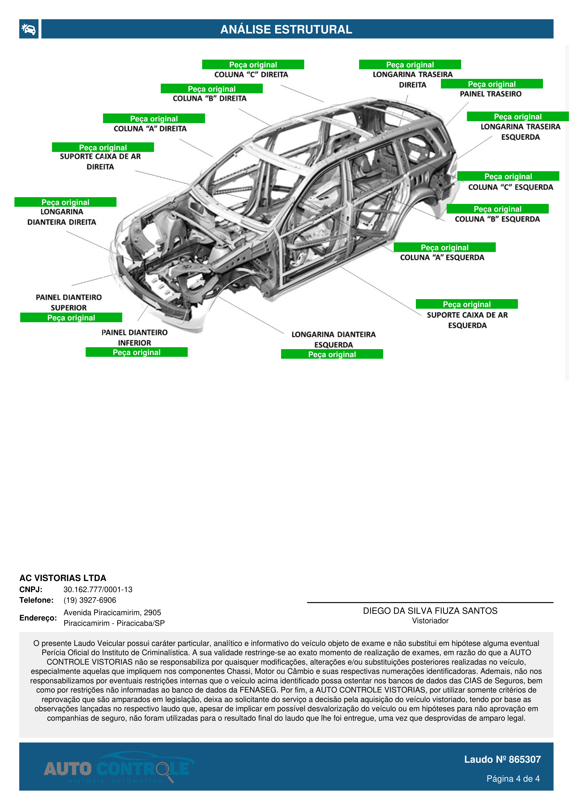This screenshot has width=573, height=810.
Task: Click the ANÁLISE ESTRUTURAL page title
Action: point(286,29)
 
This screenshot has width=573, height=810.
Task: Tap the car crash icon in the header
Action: point(29,29)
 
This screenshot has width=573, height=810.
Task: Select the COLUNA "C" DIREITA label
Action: point(251,74)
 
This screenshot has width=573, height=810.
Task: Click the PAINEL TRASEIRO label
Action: point(490,94)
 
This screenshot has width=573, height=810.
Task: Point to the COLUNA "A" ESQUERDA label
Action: point(442,258)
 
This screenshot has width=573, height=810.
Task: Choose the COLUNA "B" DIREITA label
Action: point(209,98)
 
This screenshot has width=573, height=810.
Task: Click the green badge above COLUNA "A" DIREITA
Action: point(154,119)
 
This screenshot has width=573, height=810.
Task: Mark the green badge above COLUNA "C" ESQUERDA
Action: point(508,176)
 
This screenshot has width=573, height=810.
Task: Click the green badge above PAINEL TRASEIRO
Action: point(491,84)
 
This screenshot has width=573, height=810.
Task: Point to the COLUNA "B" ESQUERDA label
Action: point(497,219)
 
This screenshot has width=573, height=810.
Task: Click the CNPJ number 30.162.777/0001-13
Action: point(98,590)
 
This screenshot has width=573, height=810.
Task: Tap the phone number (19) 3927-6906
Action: point(90,600)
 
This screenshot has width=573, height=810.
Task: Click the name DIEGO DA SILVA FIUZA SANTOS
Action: point(430,611)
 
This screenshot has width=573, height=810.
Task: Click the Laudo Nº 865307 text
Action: point(502,759)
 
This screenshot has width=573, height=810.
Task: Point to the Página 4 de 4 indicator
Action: point(513,779)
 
